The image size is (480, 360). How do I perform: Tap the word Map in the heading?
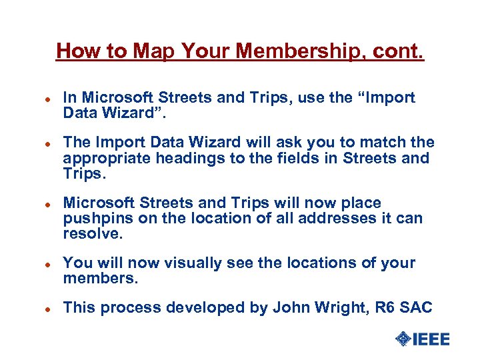(155, 51)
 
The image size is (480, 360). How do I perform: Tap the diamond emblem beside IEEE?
(403, 339)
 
